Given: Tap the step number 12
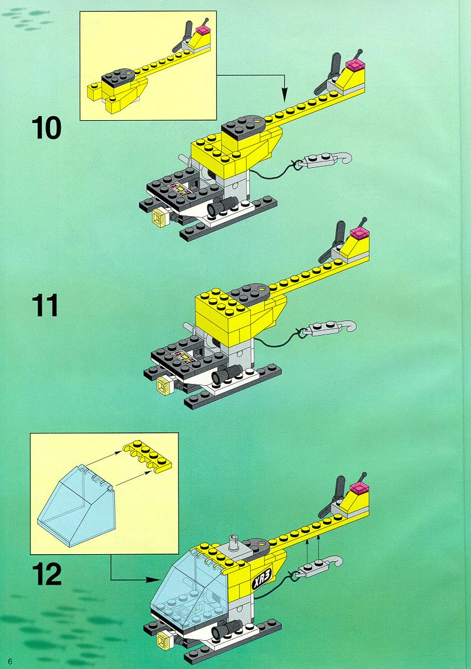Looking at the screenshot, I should pos(46,574).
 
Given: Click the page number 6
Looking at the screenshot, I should pos(10,659).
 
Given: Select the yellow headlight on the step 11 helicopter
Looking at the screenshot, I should pos(163,386).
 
